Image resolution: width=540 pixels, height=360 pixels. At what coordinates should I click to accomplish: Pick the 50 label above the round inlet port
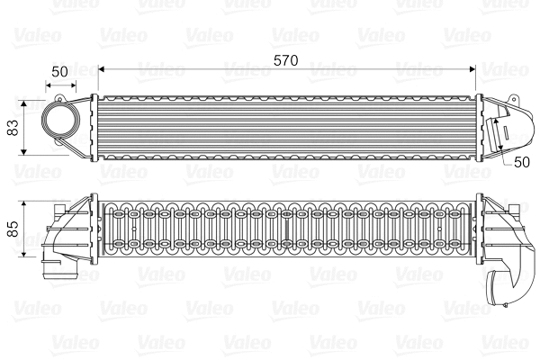(x=59, y=70)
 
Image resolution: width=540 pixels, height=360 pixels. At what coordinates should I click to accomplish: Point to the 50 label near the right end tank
(x=522, y=161)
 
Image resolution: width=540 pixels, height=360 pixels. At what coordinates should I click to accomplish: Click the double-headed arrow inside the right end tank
(x=498, y=136)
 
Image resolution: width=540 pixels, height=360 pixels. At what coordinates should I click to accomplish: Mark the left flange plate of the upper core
(x=94, y=127)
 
